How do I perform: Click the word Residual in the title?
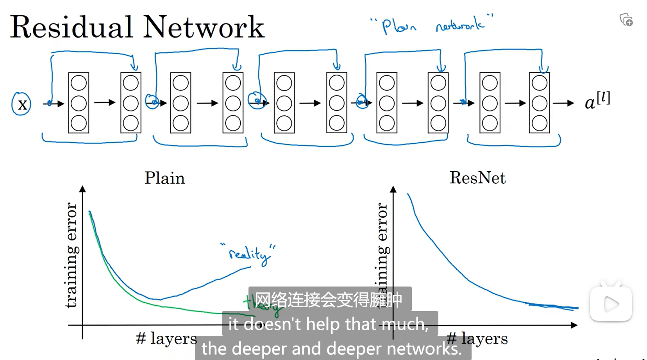pyautogui.click(x=71, y=27)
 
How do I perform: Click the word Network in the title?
pyautogui.click(x=204, y=27)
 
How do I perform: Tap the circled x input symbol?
pyautogui.click(x=21, y=104)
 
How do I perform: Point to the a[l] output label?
pyautogui.click(x=597, y=101)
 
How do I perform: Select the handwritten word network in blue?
pyautogui.click(x=460, y=25)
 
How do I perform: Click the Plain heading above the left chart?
pyautogui.click(x=164, y=178)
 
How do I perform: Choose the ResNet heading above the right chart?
pyautogui.click(x=477, y=178)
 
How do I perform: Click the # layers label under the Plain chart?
pyautogui.click(x=166, y=339)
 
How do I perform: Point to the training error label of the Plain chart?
pyautogui.click(x=71, y=255)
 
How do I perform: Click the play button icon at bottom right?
pyautogui.click(x=611, y=304)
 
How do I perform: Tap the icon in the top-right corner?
pyautogui.click(x=626, y=20)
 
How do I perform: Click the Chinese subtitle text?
pyautogui.click(x=329, y=300)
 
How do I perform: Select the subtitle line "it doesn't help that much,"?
pyautogui.click(x=329, y=324)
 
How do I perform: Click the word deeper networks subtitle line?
pyautogui.click(x=332, y=349)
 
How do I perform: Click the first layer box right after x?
pyautogui.click(x=79, y=103)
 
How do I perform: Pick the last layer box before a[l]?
pyautogui.click(x=539, y=103)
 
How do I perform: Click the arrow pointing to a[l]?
pyautogui.click(x=563, y=103)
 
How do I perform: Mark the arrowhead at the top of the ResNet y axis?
pyautogui.click(x=393, y=189)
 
